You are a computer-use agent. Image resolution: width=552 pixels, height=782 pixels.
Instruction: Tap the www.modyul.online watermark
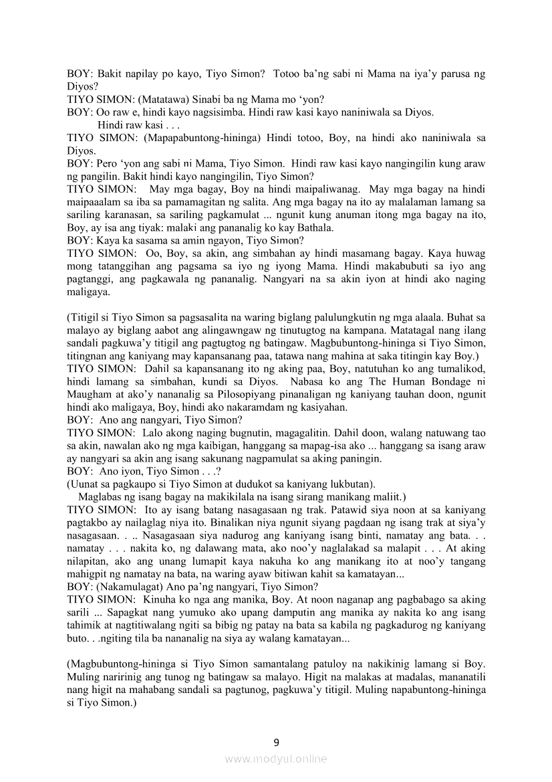pos(276,759)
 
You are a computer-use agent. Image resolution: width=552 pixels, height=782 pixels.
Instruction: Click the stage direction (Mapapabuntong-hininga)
pos(200,137)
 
